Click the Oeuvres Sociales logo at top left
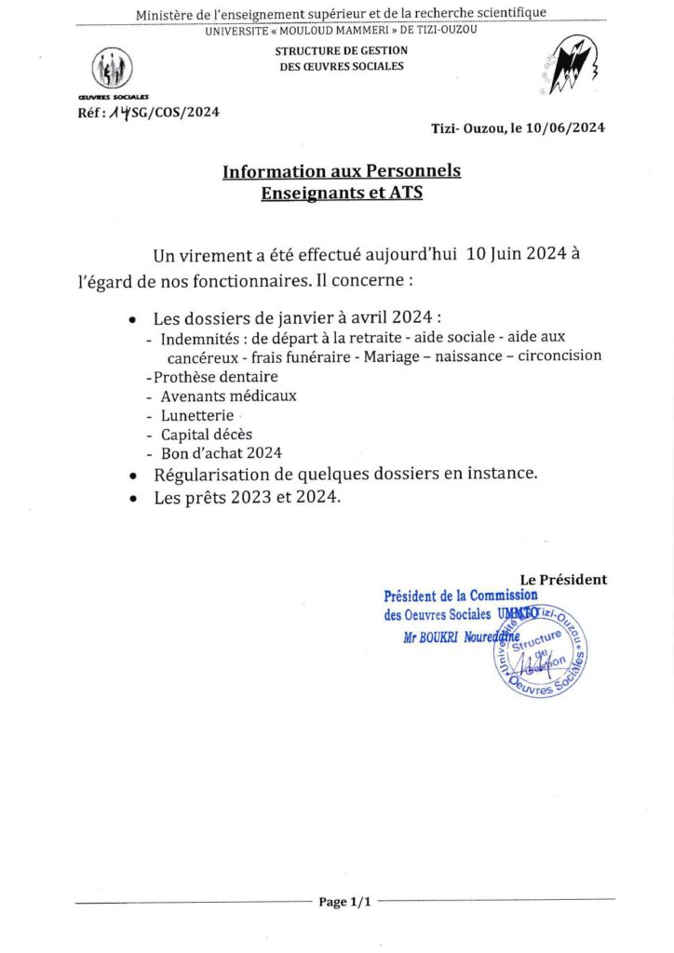tap(112, 71)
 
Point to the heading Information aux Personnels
tap(342, 171)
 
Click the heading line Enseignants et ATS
tap(342, 193)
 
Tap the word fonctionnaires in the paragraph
tap(298, 278)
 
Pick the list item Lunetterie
tap(197, 415)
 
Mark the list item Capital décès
tap(206, 434)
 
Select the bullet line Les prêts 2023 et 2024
tap(248, 498)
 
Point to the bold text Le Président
tap(563, 579)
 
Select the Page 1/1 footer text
tap(344, 902)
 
